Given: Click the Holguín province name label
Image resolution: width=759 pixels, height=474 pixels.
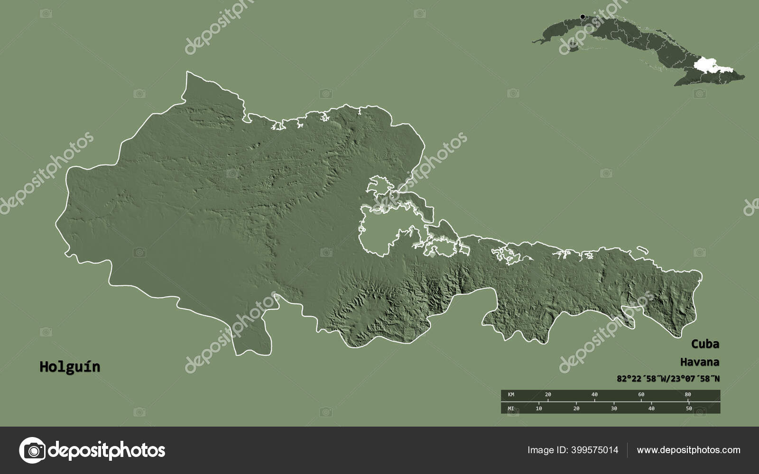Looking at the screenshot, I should click(70, 367).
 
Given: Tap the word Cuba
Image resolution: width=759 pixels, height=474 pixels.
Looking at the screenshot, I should click(704, 344).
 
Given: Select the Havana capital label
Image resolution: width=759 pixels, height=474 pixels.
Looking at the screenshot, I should click(699, 362).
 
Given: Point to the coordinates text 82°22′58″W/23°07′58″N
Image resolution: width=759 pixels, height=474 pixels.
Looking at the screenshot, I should click(668, 378).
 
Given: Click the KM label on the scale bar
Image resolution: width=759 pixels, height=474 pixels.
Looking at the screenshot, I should click(511, 394).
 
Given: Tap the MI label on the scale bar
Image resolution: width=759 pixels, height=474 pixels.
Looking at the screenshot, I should click(511, 408).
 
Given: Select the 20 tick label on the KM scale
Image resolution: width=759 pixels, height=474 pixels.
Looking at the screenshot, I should click(548, 394).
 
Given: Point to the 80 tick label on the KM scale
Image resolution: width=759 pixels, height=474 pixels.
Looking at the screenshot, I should click(688, 394).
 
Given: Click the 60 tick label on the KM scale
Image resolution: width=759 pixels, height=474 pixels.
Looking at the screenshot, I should click(641, 394).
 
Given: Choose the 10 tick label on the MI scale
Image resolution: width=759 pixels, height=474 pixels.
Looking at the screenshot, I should click(539, 408).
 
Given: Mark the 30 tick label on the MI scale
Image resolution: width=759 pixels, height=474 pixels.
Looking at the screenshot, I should click(614, 408).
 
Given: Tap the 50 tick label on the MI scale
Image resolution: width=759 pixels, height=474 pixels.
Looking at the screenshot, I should click(689, 408).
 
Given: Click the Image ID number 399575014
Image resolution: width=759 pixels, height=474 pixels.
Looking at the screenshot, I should click(593, 450).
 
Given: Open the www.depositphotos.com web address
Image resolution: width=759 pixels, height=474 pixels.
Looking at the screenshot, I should click(688, 450).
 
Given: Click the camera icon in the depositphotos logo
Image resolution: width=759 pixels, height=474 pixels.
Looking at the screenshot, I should click(32, 450).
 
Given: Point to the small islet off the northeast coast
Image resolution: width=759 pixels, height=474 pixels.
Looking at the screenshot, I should click(642, 250).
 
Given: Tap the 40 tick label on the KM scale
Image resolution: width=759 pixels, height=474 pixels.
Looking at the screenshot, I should click(594, 394).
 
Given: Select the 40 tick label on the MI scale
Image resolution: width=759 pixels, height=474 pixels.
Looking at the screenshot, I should click(651, 408).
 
